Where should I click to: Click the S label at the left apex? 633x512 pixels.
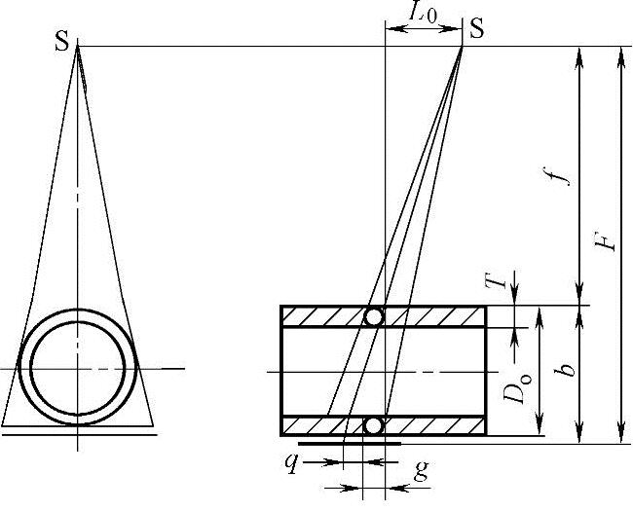point(62,42)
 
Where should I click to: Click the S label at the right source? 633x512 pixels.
point(477,28)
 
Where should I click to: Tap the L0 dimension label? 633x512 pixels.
point(423,12)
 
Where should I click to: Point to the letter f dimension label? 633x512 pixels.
point(561,174)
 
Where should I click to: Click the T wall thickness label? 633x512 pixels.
point(496,279)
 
